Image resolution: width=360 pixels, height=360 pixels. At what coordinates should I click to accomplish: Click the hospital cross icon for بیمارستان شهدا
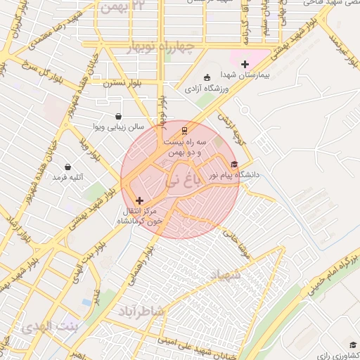click(245, 64)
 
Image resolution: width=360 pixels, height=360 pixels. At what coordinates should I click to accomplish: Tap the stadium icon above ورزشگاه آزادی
click(206, 78)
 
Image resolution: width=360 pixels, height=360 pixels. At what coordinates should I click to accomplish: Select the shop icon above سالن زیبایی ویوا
click(117, 117)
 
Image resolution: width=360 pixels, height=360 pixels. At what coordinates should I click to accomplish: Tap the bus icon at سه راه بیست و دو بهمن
click(184, 130)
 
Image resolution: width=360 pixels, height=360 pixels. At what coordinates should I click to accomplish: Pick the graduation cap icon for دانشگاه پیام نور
click(234, 165)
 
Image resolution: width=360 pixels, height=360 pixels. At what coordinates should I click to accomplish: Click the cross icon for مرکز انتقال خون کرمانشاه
click(139, 200)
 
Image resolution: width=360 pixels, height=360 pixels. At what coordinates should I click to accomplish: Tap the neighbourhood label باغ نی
click(182, 181)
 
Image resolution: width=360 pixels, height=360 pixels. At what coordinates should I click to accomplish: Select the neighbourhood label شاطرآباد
click(141, 310)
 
